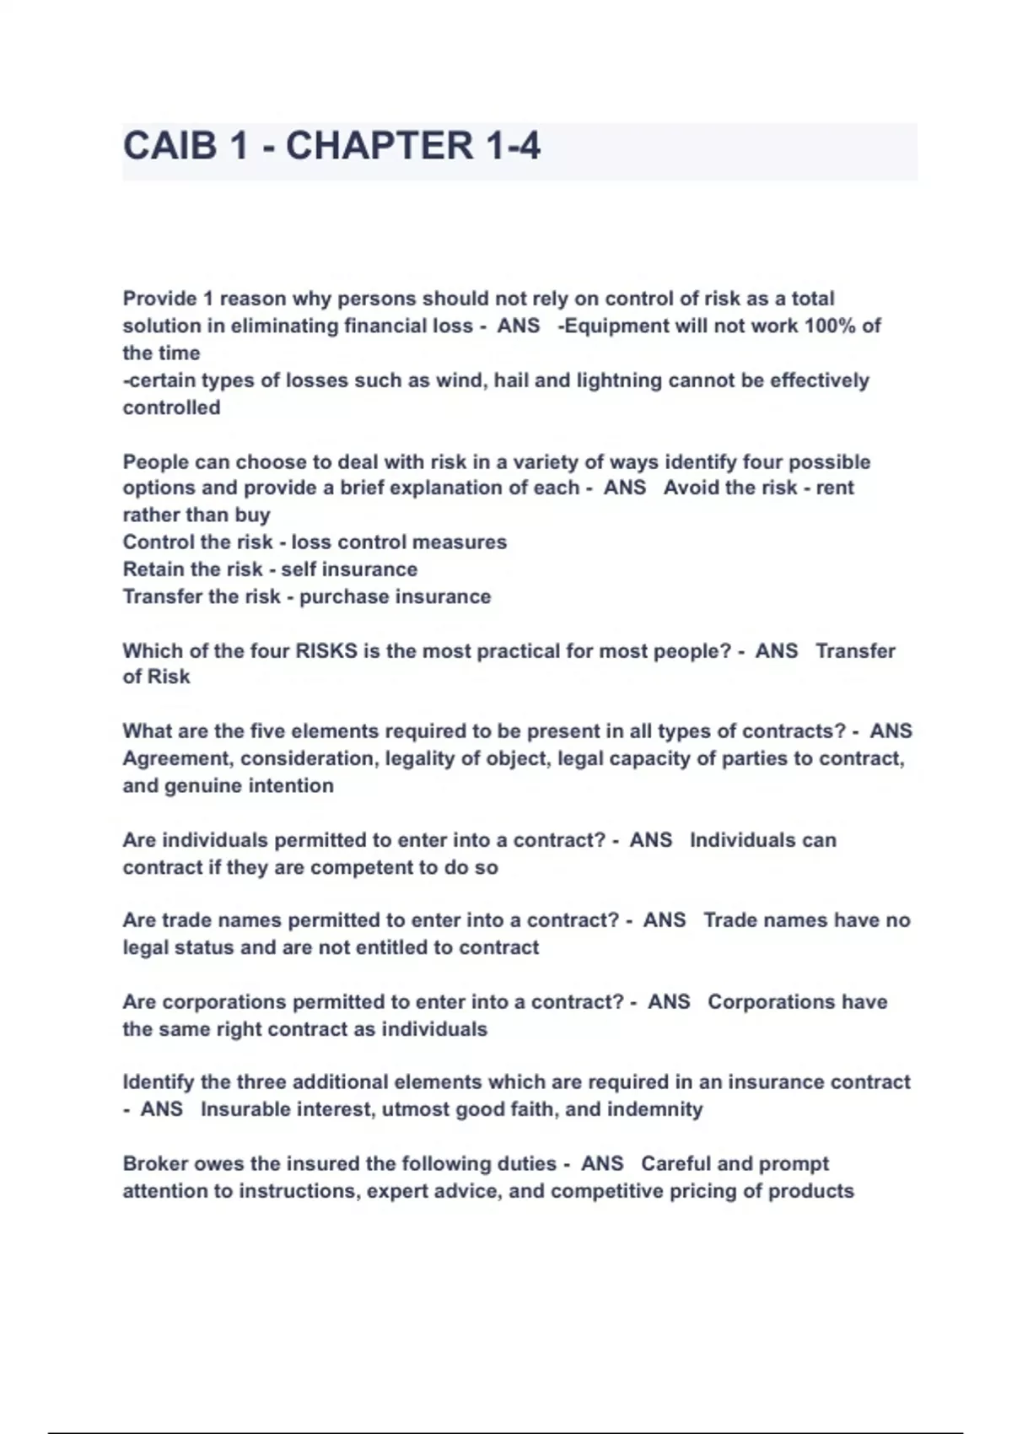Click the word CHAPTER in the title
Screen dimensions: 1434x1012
click(x=379, y=146)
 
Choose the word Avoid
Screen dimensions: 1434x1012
click(x=692, y=488)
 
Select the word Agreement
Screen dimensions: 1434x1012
click(x=178, y=759)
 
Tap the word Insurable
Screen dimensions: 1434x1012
click(x=241, y=1109)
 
